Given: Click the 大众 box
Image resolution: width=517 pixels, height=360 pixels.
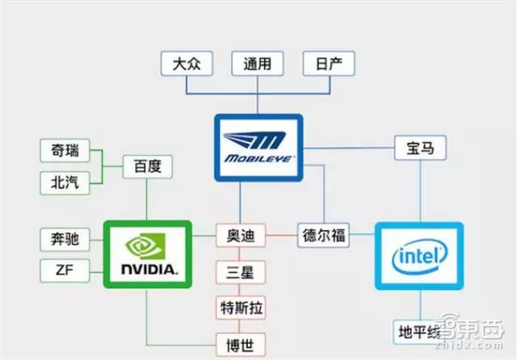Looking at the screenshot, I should point(186,64).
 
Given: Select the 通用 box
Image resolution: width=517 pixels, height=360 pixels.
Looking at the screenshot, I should point(256,64).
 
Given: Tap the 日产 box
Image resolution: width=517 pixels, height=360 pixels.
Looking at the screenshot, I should point(328,64).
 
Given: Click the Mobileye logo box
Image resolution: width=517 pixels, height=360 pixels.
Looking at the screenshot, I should point(258,146).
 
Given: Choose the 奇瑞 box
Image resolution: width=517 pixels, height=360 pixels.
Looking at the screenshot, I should point(65,152).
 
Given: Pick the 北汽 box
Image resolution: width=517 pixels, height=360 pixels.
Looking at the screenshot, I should point(65,182).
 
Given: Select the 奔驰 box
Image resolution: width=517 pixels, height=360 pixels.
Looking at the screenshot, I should point(65,239).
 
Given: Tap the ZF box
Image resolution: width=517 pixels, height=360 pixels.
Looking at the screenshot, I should point(65,270).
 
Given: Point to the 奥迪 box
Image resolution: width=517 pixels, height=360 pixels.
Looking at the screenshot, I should point(240,237).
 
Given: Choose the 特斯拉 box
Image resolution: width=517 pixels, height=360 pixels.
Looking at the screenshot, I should point(240,308).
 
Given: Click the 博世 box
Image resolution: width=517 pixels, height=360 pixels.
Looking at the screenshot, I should point(240,345).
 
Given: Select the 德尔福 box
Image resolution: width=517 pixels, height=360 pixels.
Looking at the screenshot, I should point(323,237).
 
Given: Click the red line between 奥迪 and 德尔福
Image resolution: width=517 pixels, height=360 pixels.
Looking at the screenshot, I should point(280,237).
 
